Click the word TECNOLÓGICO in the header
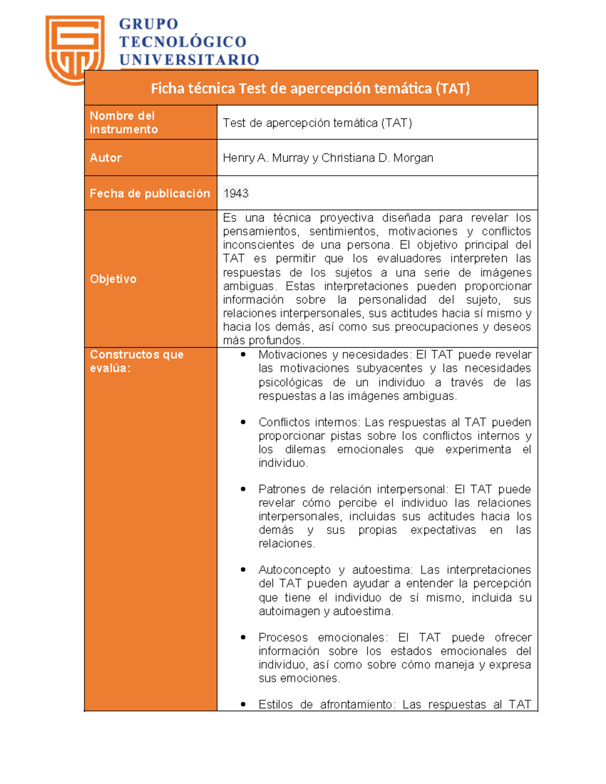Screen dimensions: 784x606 pyautogui.click(x=182, y=42)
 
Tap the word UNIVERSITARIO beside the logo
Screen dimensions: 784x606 pyautogui.click(x=189, y=60)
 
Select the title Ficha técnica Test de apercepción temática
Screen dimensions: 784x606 pyautogui.click(x=310, y=88)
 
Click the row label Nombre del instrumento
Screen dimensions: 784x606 pyautogui.click(x=124, y=123)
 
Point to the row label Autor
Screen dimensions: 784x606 pyautogui.click(x=106, y=158)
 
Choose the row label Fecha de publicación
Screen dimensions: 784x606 pyautogui.click(x=149, y=193)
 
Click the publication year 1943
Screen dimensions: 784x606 pyautogui.click(x=236, y=193)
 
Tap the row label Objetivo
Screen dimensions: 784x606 pyautogui.click(x=113, y=279)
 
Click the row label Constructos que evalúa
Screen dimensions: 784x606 pyautogui.click(x=136, y=361)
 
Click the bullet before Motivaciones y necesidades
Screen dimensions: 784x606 pyautogui.click(x=243, y=355)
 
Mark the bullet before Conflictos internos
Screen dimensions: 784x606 pyautogui.click(x=243, y=422)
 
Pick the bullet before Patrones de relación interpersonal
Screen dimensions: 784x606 pyautogui.click(x=243, y=489)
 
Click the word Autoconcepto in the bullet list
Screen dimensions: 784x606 pyautogui.click(x=294, y=570)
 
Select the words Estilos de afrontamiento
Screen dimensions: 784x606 pyautogui.click(x=325, y=705)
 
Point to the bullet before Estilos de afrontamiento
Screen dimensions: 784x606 pyautogui.click(x=243, y=705)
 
